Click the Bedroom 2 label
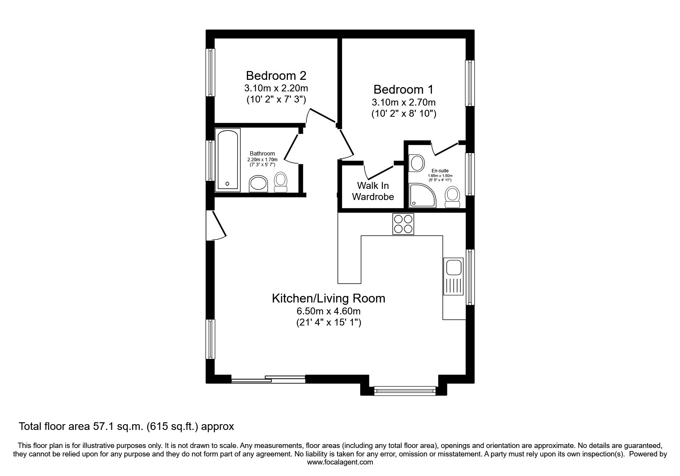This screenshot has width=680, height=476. point(276,75)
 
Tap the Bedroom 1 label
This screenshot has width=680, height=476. point(403,89)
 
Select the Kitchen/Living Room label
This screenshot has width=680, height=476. point(328,298)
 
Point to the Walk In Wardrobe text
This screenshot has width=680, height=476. point(373,191)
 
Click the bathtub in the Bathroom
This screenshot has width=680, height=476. point(228,160)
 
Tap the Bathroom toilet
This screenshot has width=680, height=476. point(281,182)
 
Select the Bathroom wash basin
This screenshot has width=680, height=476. point(259,184)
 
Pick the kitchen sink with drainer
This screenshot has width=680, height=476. point(453,276)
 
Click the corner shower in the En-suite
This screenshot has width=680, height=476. point(422,195)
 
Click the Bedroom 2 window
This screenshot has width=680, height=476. point(210,72)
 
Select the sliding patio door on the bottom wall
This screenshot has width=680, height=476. point(268,379)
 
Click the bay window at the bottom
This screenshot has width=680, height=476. point(405,391)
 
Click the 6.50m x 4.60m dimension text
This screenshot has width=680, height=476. point(328,311)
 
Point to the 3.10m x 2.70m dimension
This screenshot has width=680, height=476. point(404,102)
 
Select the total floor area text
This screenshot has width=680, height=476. point(126,426)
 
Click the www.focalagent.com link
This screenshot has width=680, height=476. point(340,462)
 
